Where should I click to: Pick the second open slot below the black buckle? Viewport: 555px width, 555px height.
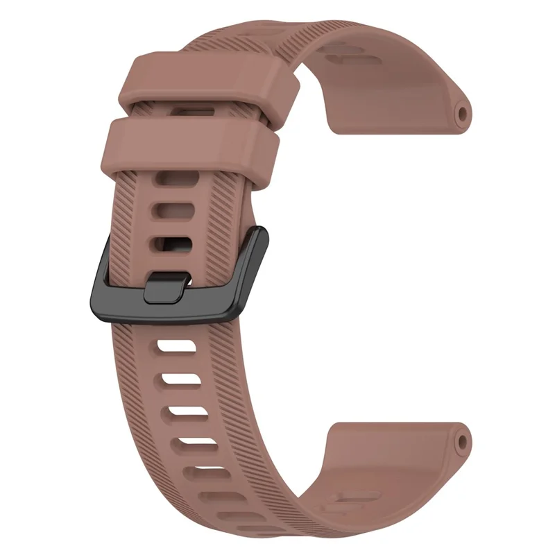tap(184, 377)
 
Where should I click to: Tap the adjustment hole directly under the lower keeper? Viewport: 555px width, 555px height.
tap(171, 180)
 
